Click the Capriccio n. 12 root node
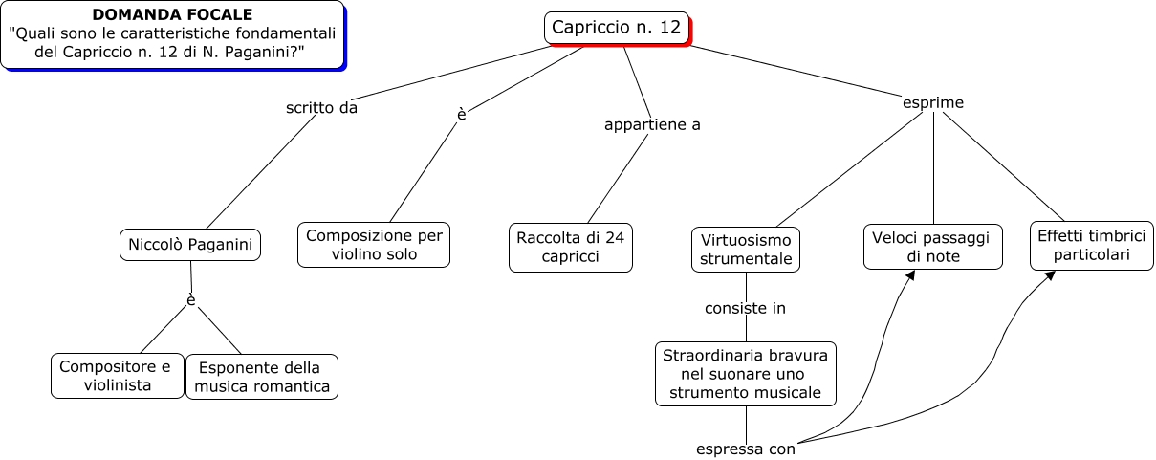617,28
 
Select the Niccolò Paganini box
191,245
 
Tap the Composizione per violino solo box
373,245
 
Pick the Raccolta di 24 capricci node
570,247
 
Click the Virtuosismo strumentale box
746,249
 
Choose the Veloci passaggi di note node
932,247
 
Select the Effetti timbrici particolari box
1091,246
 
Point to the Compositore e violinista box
117,376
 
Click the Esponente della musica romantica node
262,377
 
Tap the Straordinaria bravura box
746,374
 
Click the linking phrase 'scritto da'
321,108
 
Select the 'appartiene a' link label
652,124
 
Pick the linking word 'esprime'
932,102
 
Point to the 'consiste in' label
745,308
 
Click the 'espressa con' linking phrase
746,449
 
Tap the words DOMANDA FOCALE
173,14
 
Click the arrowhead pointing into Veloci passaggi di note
909,275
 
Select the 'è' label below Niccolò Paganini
191,301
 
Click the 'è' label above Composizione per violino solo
462,115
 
